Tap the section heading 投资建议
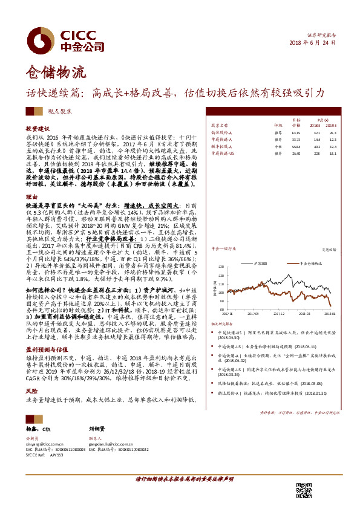coord(36,129)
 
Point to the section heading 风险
coord(31,375)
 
